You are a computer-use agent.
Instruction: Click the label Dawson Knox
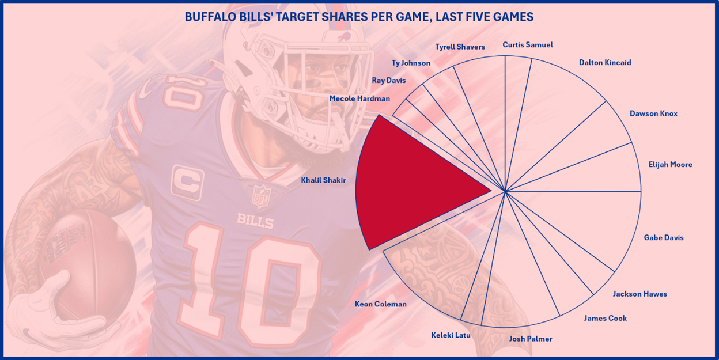[x=653, y=113]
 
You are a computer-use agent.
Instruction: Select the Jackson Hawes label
[x=639, y=294]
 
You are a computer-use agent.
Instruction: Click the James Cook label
[x=605, y=318]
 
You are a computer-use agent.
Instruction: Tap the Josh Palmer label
[x=531, y=339]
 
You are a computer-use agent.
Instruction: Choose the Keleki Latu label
[x=451, y=335]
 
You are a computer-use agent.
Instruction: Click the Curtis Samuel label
[x=527, y=45]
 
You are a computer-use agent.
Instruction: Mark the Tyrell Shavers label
[x=460, y=47]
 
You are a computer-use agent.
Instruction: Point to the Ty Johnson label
[x=411, y=63]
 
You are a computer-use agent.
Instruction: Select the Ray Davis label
[x=389, y=81]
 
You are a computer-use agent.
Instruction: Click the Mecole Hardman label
[x=359, y=98]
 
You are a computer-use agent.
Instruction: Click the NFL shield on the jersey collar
[x=261, y=196]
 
